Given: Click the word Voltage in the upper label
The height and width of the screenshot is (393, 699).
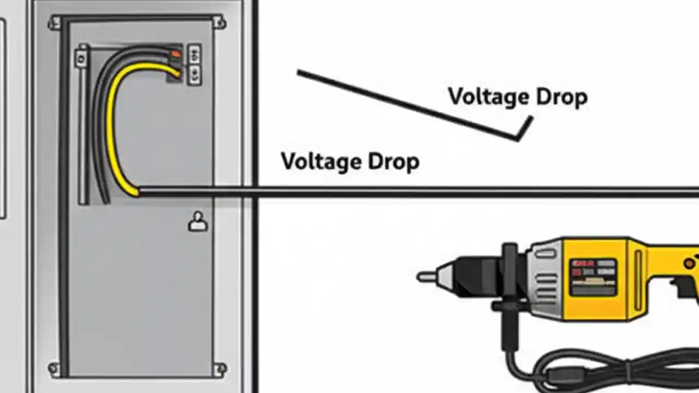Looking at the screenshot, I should click(x=487, y=97).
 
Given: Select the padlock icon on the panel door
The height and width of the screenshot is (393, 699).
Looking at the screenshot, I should click(x=198, y=222).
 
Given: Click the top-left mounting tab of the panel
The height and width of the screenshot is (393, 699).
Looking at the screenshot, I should click(x=55, y=22).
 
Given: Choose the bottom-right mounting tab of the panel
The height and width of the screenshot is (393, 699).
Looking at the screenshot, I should click(x=220, y=369).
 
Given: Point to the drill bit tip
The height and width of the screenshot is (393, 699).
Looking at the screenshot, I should click(x=422, y=277).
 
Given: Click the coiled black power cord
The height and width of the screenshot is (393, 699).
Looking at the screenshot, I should click(x=601, y=371).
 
